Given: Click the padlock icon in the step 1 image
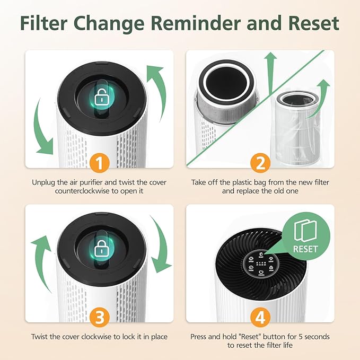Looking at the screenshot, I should (x=100, y=98).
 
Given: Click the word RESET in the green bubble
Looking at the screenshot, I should (x=305, y=248).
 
